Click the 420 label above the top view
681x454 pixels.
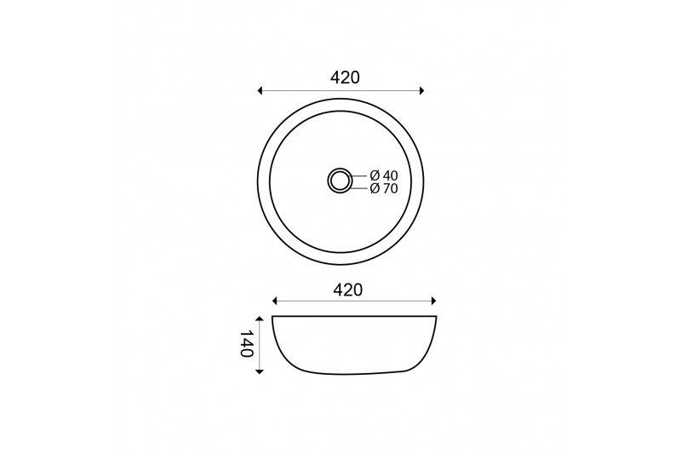(x=345, y=78)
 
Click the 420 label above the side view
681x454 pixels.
(x=347, y=290)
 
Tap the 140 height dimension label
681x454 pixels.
(x=247, y=343)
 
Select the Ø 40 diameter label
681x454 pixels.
(x=384, y=175)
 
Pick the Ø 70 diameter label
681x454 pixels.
(x=384, y=188)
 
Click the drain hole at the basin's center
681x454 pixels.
(x=339, y=180)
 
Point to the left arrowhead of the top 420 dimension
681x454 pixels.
(x=260, y=91)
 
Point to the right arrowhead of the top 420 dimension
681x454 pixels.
(x=421, y=91)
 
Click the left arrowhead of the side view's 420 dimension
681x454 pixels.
(x=274, y=301)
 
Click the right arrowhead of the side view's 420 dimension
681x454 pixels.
(x=433, y=301)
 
